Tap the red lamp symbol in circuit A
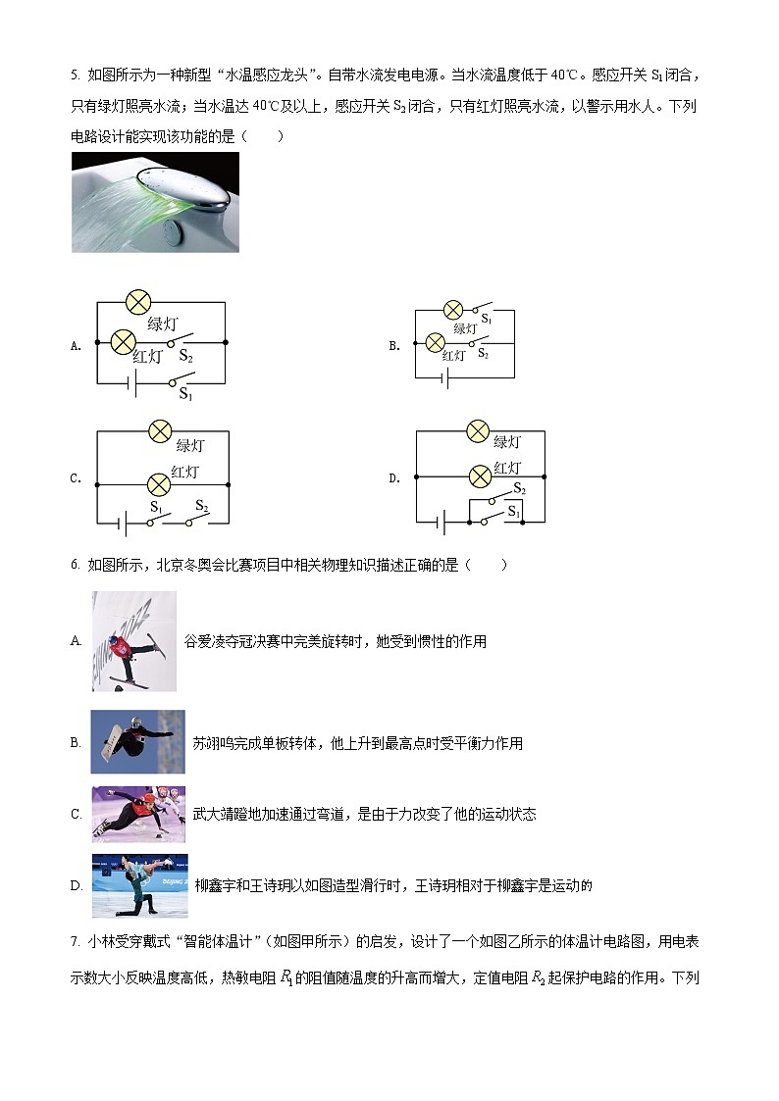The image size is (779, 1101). tap(123, 341)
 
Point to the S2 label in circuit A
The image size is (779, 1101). tap(185, 358)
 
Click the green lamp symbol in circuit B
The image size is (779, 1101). tap(453, 310)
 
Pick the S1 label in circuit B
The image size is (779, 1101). tap(486, 320)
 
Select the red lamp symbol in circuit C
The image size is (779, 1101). tap(158, 483)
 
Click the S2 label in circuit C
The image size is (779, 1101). tap(201, 506)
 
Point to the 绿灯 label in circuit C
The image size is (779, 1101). tap(189, 446)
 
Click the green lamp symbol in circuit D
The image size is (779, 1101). tap(478, 430)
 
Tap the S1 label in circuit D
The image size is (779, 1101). tap(512, 513)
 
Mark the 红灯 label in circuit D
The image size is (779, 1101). tap(507, 469)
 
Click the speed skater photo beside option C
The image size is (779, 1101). tap(137, 815)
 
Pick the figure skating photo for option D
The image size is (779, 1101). tap(139, 885)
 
